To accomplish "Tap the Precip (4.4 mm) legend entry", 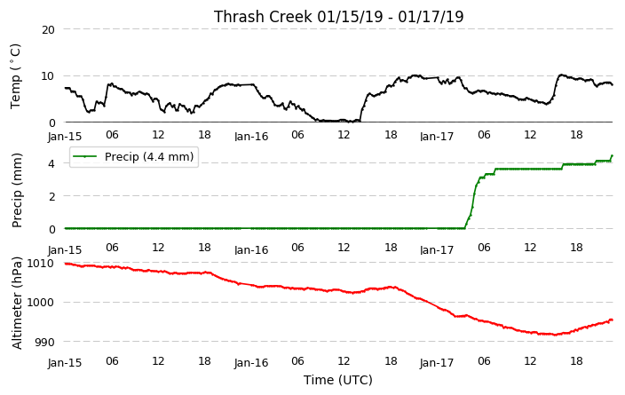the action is (x=134, y=156).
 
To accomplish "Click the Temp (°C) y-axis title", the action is (x=16, y=76).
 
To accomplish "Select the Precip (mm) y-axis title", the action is (x=17, y=191).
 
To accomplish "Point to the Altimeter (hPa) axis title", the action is (x=17, y=303).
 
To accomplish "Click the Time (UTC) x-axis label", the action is (x=338, y=380).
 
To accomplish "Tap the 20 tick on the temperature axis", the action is (x=48, y=29).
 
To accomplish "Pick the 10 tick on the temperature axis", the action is (x=48, y=76).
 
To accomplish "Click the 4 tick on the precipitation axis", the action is (x=51, y=163).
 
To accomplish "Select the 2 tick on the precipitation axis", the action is (x=51, y=196).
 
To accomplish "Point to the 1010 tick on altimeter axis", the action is (x=40, y=263).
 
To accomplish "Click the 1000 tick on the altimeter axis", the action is (x=40, y=302).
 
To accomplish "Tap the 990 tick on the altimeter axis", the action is (x=44, y=342).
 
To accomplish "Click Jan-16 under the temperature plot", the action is (x=251, y=137).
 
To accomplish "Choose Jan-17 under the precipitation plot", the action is (x=437, y=250).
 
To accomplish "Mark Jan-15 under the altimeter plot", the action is (x=65, y=363).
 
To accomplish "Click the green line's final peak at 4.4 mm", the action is (x=612, y=156).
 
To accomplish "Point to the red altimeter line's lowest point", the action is (x=555, y=335).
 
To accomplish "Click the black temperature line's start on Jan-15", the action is (x=66, y=88).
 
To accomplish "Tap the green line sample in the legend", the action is (x=85, y=156).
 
